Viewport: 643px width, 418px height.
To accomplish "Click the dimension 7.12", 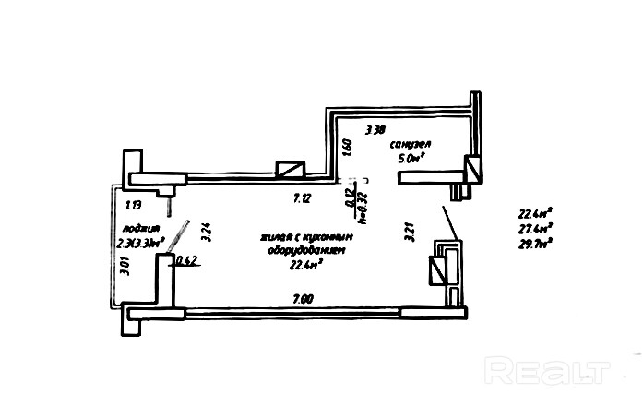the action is pos(301,198).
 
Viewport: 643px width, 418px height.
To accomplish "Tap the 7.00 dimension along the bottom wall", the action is pos(302,298).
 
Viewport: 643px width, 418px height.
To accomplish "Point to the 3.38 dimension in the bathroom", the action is pos(375,131).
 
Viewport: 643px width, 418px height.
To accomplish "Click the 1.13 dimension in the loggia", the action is pos(133,205).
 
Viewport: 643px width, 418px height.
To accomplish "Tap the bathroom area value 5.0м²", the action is pos(411,159).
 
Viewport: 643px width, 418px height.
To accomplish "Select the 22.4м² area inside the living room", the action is pos(305,265).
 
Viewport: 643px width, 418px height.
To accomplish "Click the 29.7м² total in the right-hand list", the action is pos(535,245).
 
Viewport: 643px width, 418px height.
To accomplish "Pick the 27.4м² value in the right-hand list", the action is pos(535,229).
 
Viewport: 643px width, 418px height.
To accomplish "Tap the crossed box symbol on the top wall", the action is pos(292,170).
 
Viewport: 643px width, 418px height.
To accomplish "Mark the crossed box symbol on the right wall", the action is pos(437,270).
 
